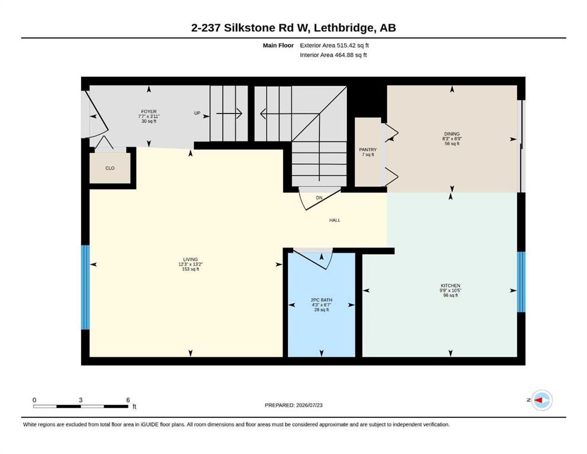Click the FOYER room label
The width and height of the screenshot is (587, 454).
point(148,112)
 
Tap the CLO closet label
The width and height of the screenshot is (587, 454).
point(110,168)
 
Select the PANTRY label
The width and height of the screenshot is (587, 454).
point(368,150)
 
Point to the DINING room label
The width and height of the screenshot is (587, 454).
point(452,134)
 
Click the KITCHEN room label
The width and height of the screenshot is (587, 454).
point(450,286)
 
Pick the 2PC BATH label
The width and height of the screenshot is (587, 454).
point(322,300)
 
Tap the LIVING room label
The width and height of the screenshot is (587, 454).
point(190,260)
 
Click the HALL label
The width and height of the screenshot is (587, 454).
point(335,220)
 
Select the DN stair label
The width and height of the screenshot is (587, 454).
point(319,197)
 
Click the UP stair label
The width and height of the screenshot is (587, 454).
point(197,113)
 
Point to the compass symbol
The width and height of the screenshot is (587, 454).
point(541,400)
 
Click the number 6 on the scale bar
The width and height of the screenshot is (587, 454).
point(128,400)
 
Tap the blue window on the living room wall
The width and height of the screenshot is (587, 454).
point(86,287)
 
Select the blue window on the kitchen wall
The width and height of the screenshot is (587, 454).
point(521,282)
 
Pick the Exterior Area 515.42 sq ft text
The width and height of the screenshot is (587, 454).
point(335,46)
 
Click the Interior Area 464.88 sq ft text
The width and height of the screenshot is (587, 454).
point(333,55)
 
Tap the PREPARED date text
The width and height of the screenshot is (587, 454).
point(293,405)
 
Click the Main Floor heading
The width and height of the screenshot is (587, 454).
point(278,46)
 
